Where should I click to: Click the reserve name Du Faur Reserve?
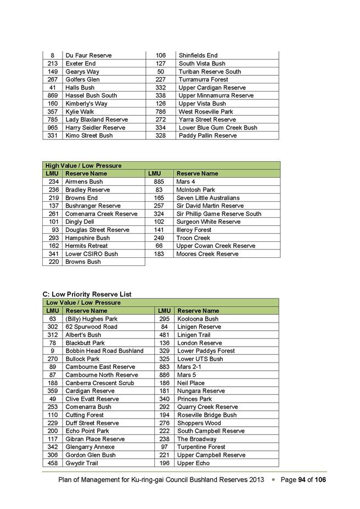tap(88, 55)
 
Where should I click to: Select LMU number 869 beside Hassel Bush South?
tap(53, 95)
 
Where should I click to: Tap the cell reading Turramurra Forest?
tap(203, 80)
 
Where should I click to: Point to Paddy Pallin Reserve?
tap(207, 135)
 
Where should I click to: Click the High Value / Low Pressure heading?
tap(83, 166)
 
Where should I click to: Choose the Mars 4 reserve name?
tap(185, 182)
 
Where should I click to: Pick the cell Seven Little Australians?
tap(207, 197)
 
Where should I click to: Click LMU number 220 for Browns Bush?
tap(53, 262)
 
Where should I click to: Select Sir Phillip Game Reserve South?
tap(218, 214)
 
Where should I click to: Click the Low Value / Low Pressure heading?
tap(83, 303)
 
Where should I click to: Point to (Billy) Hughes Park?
tap(91, 319)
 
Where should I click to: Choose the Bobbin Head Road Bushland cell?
tap(104, 351)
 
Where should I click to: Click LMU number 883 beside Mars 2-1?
tap(164, 367)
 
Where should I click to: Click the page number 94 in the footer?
tap(301, 480)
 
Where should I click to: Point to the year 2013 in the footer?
tap(254, 480)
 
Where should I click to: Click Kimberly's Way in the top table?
tap(86, 104)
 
